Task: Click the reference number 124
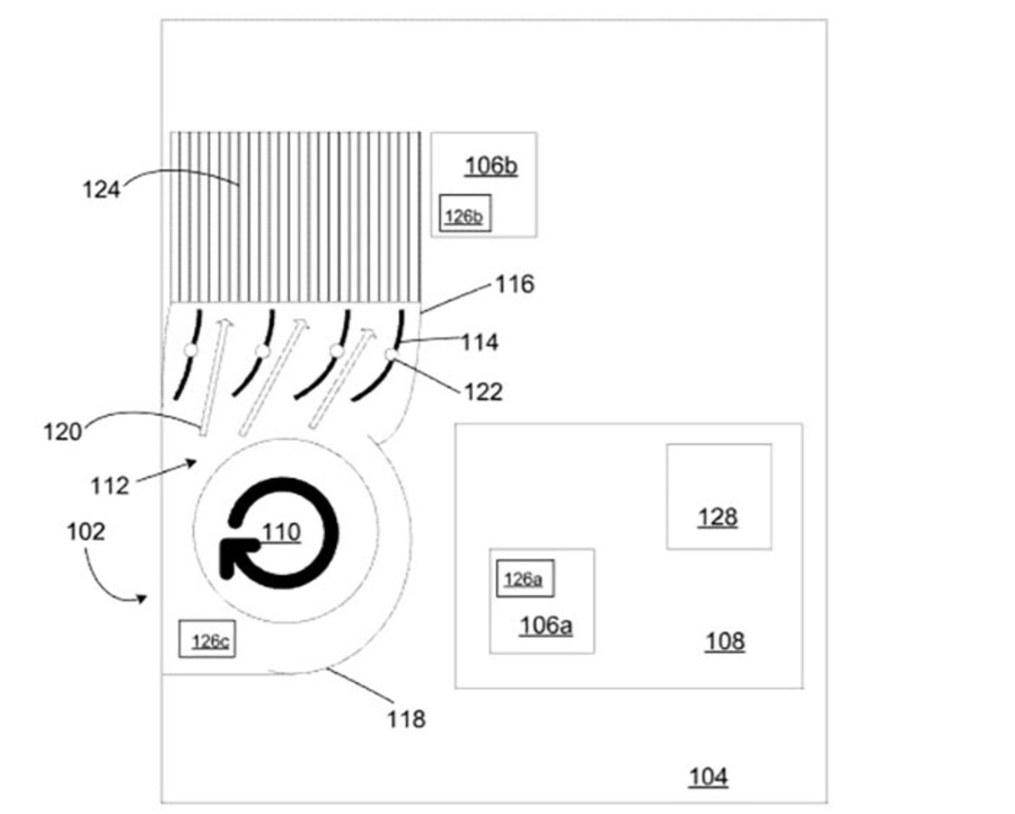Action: coord(101,189)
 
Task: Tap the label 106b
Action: coord(491,166)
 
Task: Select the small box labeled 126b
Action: coord(465,213)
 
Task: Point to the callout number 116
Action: coord(514,284)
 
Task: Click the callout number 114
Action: coord(479,342)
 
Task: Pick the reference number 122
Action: coord(483,392)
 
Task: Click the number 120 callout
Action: coord(62,432)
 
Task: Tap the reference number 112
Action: coord(110,485)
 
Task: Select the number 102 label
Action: coord(86,531)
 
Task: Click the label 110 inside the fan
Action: coord(281,532)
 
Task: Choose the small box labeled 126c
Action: coord(207,639)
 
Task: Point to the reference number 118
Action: coord(406,719)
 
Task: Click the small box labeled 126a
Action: coord(525,578)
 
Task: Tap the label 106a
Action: coord(546,625)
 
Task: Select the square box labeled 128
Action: coord(718,497)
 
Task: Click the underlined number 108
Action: coord(725,641)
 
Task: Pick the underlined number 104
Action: coord(708,777)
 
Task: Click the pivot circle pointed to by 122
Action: coord(391,354)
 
